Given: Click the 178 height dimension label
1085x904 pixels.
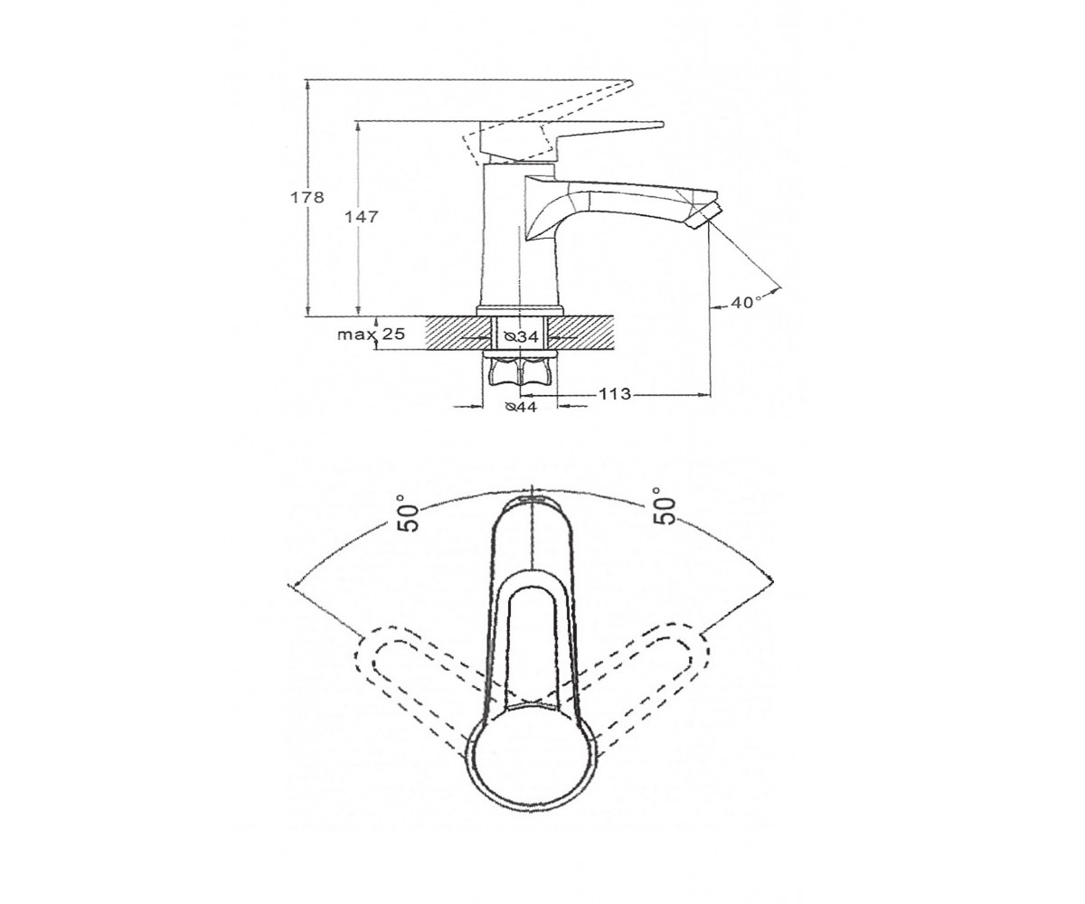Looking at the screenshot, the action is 307,197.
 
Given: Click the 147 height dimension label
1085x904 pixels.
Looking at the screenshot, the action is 363,217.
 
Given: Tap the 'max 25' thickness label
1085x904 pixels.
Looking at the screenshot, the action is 371,334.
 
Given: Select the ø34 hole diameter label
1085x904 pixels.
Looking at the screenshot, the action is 521,337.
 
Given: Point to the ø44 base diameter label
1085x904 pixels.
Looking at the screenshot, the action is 520,408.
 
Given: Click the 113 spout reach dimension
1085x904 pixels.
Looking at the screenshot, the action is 615,394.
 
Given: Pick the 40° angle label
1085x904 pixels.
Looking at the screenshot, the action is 746,302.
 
